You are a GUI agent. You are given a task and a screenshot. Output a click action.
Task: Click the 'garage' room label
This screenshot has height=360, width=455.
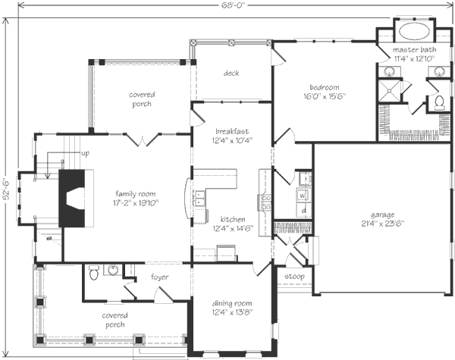[x=382, y=215]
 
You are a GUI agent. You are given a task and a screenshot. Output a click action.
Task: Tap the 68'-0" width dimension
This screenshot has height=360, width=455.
[x=234, y=5]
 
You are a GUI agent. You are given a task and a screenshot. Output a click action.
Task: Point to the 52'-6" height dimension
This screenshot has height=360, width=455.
[x=6, y=188]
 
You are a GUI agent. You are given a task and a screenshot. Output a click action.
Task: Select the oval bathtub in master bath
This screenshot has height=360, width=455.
[x=414, y=31]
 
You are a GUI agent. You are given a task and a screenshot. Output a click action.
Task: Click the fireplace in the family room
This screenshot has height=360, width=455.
[x=72, y=199]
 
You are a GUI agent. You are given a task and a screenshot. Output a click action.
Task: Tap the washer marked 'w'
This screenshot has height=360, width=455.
[x=303, y=196]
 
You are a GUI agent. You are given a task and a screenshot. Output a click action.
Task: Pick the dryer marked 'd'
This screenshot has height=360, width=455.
[x=303, y=210]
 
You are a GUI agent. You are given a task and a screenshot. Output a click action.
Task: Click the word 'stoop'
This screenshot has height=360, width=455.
[x=294, y=277]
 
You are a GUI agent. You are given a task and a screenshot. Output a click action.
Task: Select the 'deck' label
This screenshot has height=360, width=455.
[x=231, y=73]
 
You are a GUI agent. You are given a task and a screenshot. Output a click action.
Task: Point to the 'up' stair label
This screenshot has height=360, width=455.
[x=85, y=153]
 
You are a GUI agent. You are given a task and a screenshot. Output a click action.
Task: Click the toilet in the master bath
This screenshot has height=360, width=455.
[x=439, y=102]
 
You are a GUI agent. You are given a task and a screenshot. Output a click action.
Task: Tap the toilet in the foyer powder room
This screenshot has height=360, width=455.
[x=93, y=272]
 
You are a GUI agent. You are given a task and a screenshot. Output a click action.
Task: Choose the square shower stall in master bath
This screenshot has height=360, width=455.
[x=389, y=90]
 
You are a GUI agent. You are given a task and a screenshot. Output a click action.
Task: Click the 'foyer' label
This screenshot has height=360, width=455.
[x=159, y=277]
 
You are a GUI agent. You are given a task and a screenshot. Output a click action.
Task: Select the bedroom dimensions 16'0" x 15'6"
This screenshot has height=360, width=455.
[x=324, y=96]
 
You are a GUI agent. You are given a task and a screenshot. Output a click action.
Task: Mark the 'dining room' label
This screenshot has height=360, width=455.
[x=232, y=303]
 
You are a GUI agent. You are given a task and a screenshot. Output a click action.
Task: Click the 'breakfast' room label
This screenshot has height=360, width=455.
[x=232, y=131]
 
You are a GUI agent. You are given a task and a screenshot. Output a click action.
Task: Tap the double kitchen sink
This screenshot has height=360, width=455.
[x=199, y=198]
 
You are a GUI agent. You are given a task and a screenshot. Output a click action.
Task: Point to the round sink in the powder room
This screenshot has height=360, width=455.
[x=113, y=270]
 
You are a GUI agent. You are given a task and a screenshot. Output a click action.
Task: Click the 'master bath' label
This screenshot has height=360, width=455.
[x=414, y=49]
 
